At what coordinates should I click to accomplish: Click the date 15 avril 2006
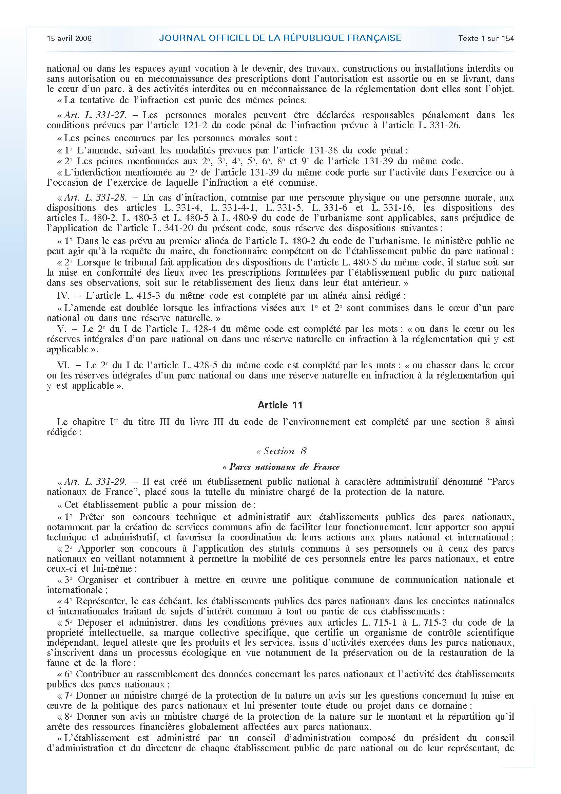click(70, 38)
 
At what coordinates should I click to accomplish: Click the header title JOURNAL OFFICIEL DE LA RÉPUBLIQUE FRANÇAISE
click(280, 38)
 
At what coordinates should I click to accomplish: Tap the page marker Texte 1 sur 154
click(486, 38)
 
